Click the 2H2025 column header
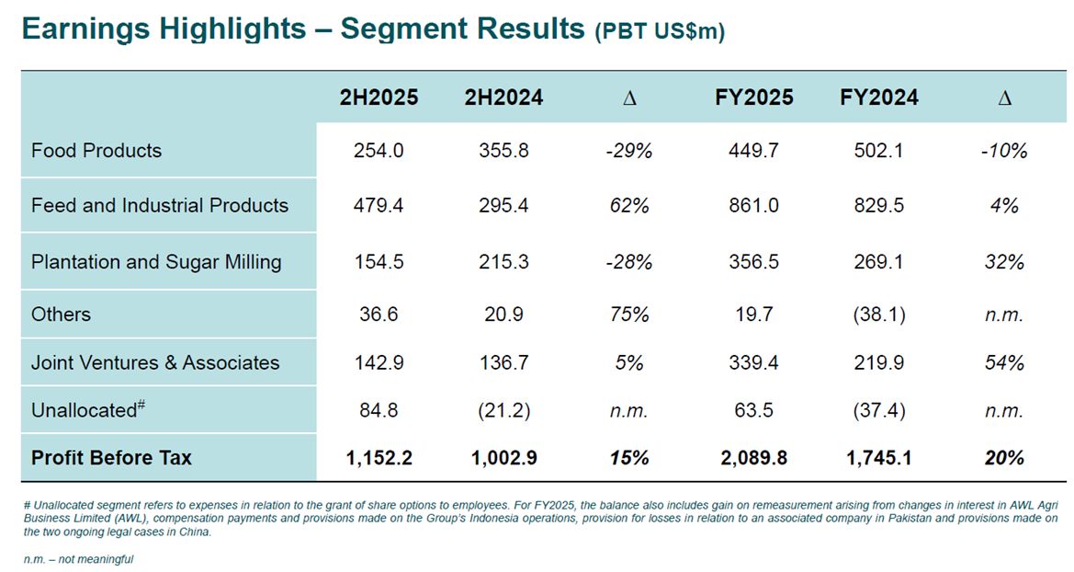(x=379, y=97)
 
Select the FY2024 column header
(x=878, y=97)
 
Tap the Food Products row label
(x=96, y=151)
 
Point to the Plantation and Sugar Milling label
(x=156, y=262)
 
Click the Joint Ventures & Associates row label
(x=155, y=363)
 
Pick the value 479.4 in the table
(x=379, y=206)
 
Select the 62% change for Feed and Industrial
(x=628, y=206)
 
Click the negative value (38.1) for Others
(x=878, y=315)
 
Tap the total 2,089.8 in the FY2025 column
(x=753, y=458)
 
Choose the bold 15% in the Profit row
(x=628, y=458)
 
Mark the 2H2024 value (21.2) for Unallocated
(x=503, y=411)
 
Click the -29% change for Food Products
(x=628, y=151)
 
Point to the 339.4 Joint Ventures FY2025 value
(x=753, y=363)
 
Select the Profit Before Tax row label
(x=111, y=458)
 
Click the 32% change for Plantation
(x=1004, y=262)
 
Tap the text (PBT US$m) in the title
(x=660, y=31)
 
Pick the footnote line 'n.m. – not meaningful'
(x=78, y=559)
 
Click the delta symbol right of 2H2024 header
(x=628, y=98)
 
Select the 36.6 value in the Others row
(x=379, y=315)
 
